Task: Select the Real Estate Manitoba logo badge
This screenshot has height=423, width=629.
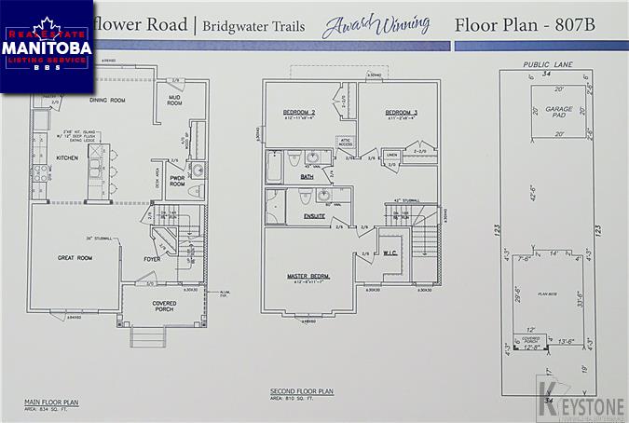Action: click(x=47, y=47)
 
